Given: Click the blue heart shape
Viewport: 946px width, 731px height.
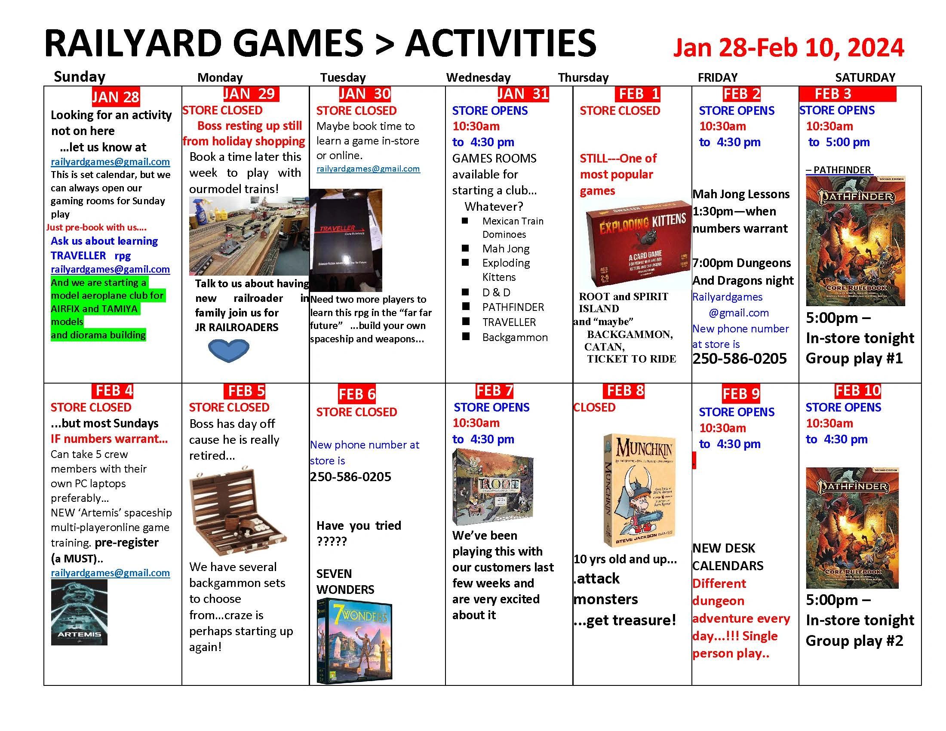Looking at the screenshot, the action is [229, 350].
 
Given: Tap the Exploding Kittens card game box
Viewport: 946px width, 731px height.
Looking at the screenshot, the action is [638, 244].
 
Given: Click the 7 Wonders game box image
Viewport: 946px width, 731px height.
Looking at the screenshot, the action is [354, 641].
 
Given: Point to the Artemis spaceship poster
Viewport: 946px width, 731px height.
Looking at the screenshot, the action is [79, 612].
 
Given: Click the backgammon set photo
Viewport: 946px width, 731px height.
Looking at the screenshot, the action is [237, 511].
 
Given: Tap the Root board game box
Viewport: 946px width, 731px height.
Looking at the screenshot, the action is [492, 487].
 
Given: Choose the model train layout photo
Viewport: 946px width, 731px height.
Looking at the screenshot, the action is [249, 236].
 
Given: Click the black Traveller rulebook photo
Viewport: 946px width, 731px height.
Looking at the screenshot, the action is [346, 240].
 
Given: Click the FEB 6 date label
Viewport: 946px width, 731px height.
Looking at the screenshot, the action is [357, 394].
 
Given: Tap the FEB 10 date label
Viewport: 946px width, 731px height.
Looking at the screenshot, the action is [858, 390].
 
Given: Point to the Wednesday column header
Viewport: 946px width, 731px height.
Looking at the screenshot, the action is [478, 77].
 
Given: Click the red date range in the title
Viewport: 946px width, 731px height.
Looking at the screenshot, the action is [788, 48].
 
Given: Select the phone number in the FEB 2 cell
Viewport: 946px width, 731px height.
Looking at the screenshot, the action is [740, 359].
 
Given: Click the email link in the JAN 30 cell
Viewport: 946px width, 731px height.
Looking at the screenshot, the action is [368, 169].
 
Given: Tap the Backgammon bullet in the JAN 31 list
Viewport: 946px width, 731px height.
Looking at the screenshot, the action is [515, 338].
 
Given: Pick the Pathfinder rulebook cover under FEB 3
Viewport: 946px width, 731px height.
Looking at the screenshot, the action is [855, 241].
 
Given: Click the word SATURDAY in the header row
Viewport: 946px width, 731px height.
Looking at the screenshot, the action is [865, 77].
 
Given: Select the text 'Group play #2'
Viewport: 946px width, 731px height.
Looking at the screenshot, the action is [854, 641].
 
